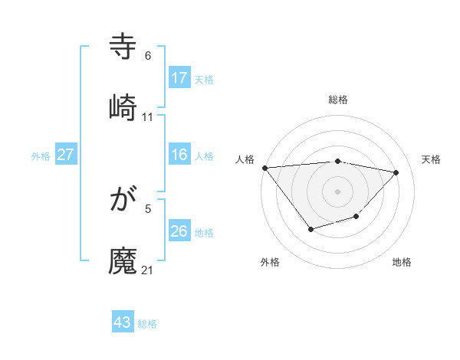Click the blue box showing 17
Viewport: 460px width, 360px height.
179,78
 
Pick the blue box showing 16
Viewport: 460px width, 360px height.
179,155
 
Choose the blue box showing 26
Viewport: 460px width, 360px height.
179,231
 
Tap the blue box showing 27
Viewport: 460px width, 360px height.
66,155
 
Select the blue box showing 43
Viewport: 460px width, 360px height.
123,322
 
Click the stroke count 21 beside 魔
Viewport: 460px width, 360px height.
148,270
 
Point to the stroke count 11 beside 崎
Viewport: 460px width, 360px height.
148,117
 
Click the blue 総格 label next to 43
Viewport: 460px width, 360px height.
147,324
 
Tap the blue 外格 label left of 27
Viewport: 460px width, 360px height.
41,156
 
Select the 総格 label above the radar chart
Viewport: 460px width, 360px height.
338,100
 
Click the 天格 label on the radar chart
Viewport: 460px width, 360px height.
431,159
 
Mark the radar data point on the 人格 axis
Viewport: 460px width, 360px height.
264,168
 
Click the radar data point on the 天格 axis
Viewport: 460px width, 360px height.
396,172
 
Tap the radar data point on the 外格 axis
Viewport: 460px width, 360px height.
310,229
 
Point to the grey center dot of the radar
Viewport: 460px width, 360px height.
338,191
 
